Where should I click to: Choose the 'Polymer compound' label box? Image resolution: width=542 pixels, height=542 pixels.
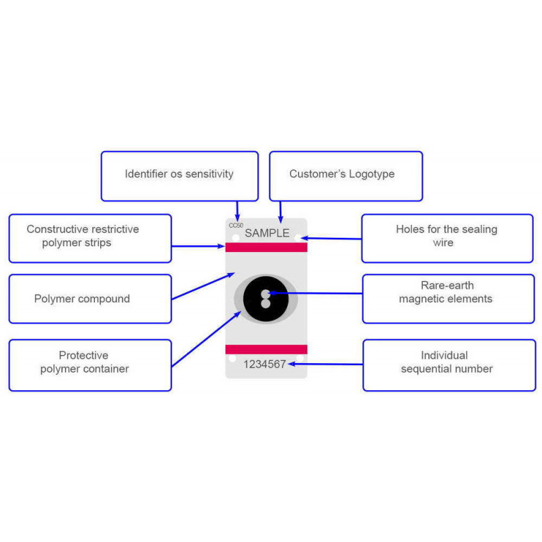[x=89, y=299]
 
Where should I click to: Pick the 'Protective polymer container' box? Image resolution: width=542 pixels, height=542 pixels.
[x=89, y=365]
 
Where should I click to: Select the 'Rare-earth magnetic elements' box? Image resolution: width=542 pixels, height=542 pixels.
[x=448, y=299]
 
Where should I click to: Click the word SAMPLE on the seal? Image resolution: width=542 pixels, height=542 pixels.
[x=267, y=234]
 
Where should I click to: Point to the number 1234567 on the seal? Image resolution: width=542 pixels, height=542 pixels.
[x=265, y=364]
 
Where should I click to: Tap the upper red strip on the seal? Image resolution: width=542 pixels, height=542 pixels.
[x=266, y=247]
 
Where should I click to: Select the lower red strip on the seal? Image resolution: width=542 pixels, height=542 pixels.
[x=266, y=349]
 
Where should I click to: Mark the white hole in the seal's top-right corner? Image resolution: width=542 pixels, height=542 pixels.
[x=298, y=238]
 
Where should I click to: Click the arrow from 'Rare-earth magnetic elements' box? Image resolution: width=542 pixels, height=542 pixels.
[x=318, y=293]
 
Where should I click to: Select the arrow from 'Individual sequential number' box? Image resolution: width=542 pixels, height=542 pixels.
[x=325, y=364]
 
